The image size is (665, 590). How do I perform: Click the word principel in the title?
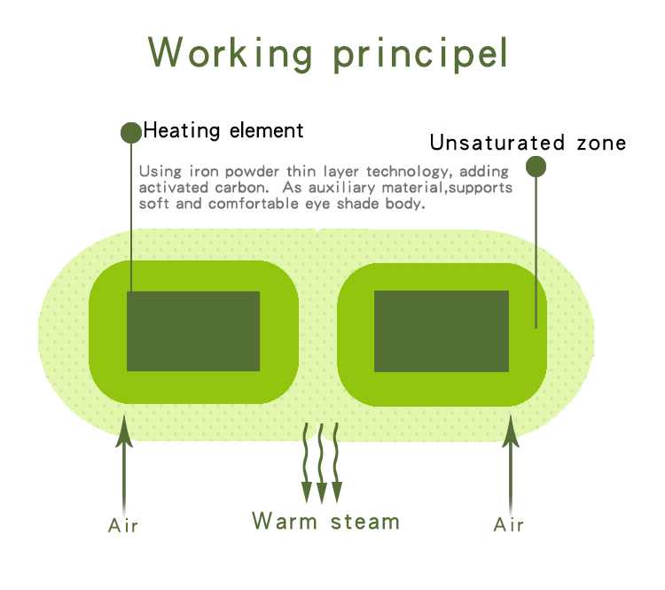[421, 55]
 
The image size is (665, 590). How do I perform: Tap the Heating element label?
[223, 131]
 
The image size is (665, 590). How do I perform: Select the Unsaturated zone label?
[528, 143]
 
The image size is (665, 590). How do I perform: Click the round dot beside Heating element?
[130, 133]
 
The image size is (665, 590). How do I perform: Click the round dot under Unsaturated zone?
[536, 167]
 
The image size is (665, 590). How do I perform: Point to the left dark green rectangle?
[193, 331]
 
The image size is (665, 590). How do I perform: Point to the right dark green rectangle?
[441, 331]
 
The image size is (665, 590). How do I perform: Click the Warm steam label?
[325, 521]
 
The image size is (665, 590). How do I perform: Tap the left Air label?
[123, 526]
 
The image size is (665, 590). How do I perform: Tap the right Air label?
[509, 525]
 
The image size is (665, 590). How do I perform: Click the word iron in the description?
[206, 171]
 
